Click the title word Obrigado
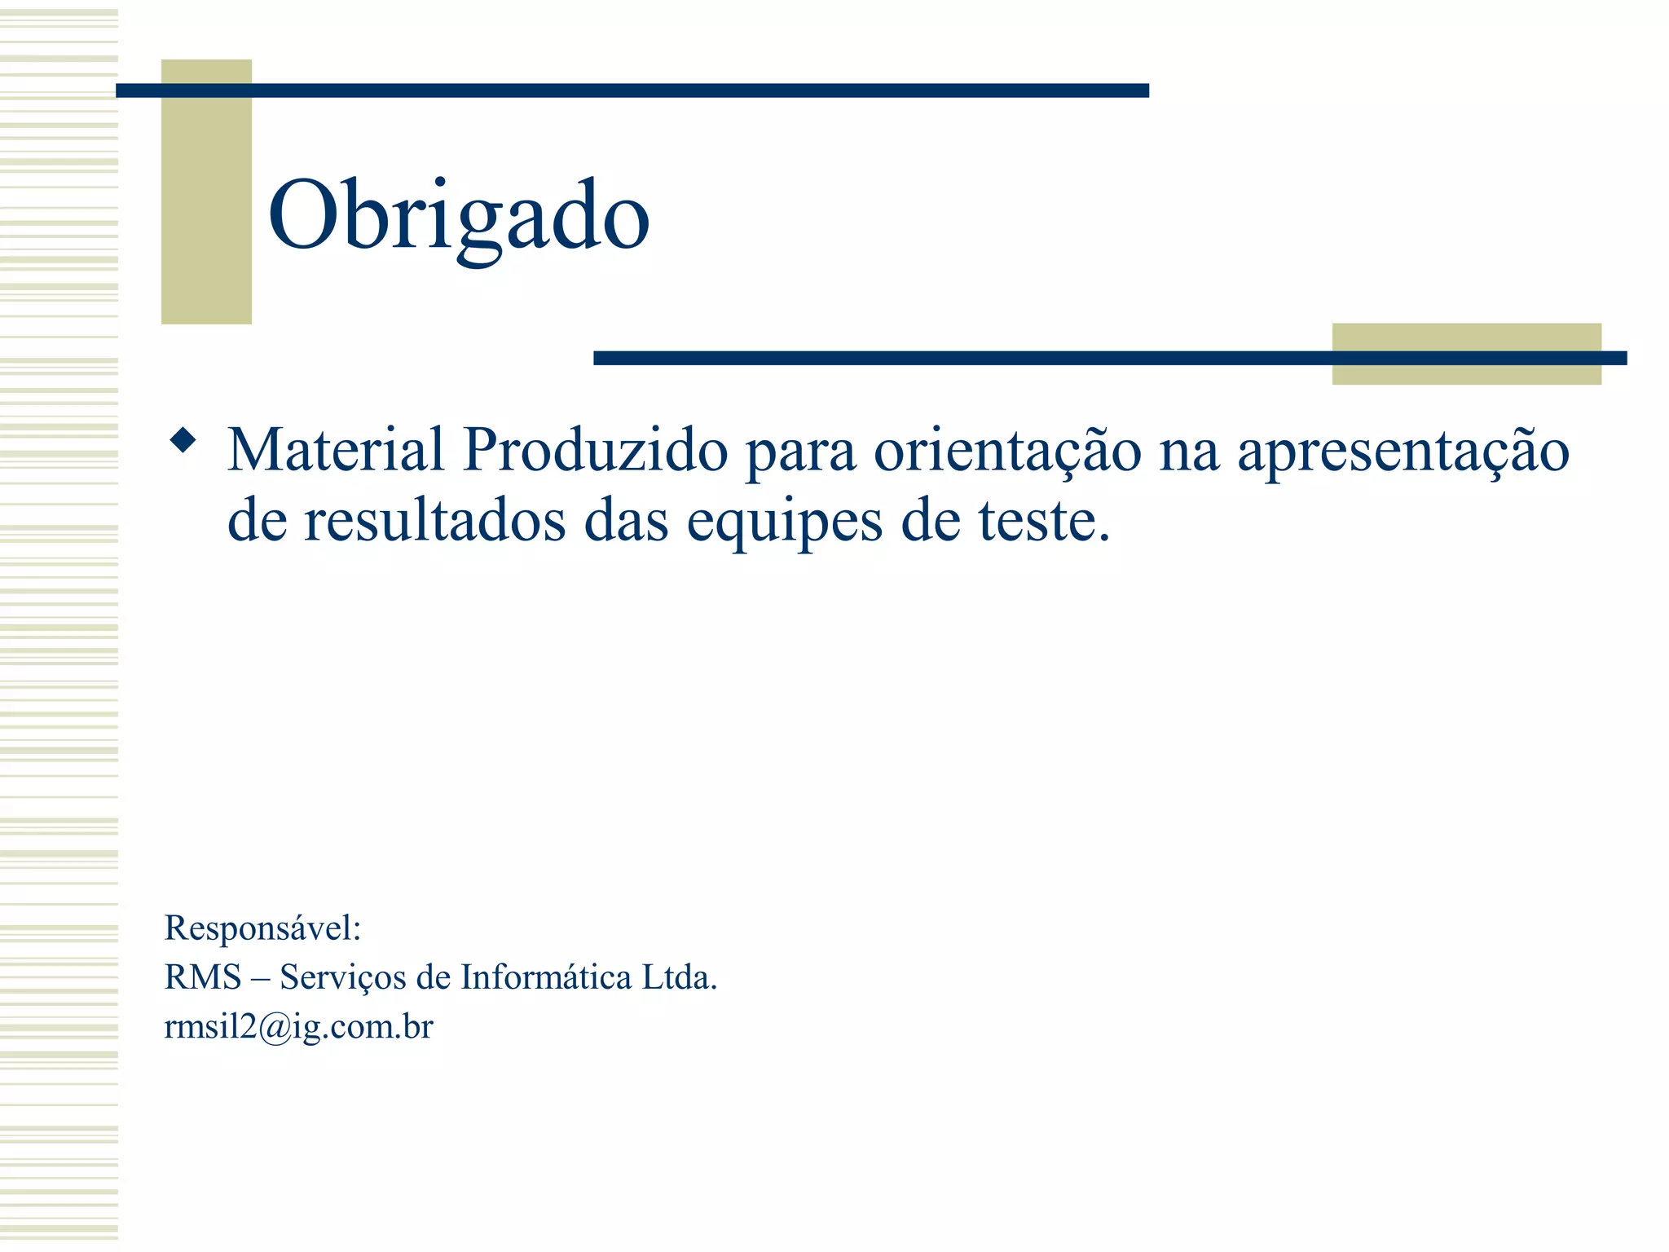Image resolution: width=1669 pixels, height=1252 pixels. pos(458,216)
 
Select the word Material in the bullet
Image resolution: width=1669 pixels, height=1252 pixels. pos(336,449)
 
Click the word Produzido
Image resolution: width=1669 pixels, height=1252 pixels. pos(595,449)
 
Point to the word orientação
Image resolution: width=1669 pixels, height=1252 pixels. pos(1007,451)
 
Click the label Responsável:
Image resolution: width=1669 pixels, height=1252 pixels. pos(262,928)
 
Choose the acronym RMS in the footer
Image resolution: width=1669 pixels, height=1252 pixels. pos(203,976)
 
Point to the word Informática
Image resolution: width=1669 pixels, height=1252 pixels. pos(545,976)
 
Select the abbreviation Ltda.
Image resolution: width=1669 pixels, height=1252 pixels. pos(680,976)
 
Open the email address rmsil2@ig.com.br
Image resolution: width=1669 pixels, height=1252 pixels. pos(298,1027)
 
